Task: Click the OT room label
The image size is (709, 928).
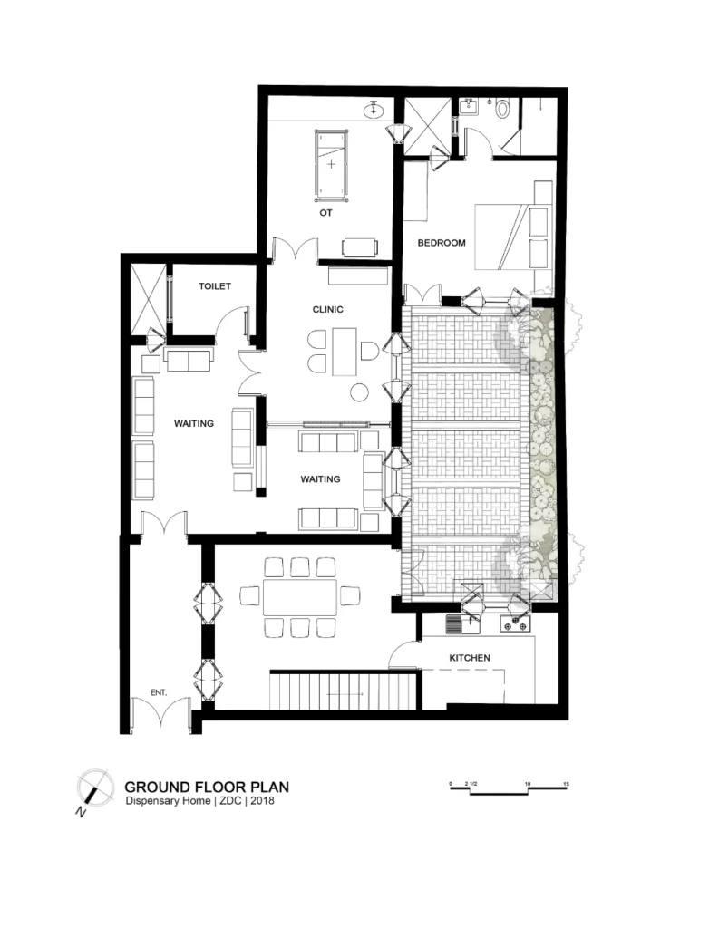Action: point(325,213)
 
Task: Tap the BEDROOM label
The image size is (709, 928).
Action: point(442,243)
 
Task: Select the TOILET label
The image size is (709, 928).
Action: point(214,286)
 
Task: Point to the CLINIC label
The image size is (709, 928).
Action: point(327,310)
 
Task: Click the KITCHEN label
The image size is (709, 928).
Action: point(470,658)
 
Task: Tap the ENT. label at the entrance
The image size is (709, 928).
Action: point(159,692)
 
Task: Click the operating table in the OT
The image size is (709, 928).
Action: point(331,164)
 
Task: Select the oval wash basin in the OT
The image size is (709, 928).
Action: point(374,110)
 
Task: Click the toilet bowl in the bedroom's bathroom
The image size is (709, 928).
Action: point(503,109)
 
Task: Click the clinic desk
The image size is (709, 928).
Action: point(345,352)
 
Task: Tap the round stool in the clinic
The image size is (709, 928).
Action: point(359,391)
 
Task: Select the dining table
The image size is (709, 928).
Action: point(300,597)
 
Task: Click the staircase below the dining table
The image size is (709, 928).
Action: point(345,690)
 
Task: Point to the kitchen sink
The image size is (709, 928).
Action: point(463,624)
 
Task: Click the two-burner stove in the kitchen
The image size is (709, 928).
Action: point(515,623)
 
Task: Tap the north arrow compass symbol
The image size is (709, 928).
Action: point(95,788)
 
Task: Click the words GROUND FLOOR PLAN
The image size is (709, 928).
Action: point(207,788)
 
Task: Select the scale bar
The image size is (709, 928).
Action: point(509,788)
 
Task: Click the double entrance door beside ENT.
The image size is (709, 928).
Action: point(160,713)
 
